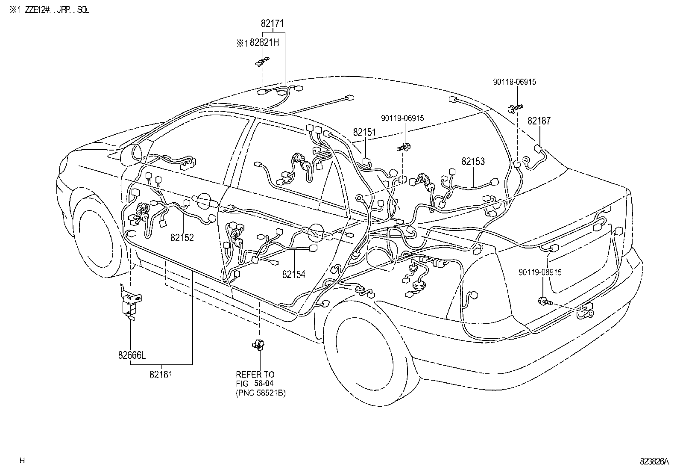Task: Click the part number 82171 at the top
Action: click(272, 24)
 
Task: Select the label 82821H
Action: click(264, 43)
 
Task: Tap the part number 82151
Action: click(364, 133)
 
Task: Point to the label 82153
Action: click(473, 161)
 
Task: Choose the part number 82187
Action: click(539, 121)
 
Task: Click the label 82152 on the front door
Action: click(182, 238)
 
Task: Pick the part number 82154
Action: click(293, 275)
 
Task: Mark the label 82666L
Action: click(132, 355)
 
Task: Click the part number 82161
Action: click(161, 375)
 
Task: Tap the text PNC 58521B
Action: click(261, 393)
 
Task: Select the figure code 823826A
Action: click(654, 461)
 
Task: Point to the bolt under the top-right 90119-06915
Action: click(515, 108)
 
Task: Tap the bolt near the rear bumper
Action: click(545, 302)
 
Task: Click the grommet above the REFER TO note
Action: click(258, 344)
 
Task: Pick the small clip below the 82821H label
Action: click(262, 62)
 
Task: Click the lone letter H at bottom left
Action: click(22, 461)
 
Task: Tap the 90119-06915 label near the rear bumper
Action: click(540, 272)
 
